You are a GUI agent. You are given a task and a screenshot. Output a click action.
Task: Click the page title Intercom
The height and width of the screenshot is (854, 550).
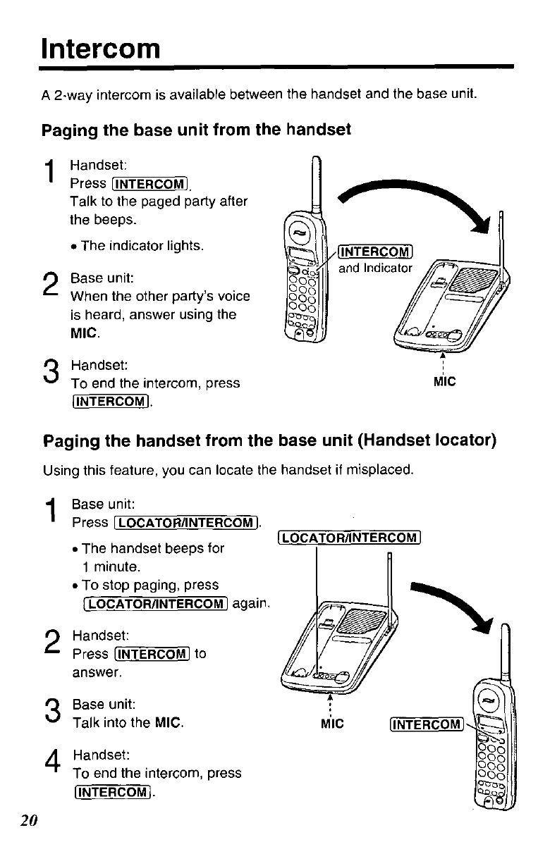tap(101, 49)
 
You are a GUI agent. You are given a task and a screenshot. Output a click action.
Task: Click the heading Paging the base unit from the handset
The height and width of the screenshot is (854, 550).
tap(197, 130)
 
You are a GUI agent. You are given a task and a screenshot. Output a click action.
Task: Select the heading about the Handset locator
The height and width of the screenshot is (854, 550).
tap(270, 442)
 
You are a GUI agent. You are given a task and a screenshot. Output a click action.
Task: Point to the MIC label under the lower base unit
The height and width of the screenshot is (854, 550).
tap(331, 724)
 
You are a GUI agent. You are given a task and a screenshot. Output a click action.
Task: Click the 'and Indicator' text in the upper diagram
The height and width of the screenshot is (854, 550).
tap(375, 268)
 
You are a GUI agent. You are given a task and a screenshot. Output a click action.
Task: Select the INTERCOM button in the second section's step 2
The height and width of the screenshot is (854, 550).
tap(153, 654)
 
